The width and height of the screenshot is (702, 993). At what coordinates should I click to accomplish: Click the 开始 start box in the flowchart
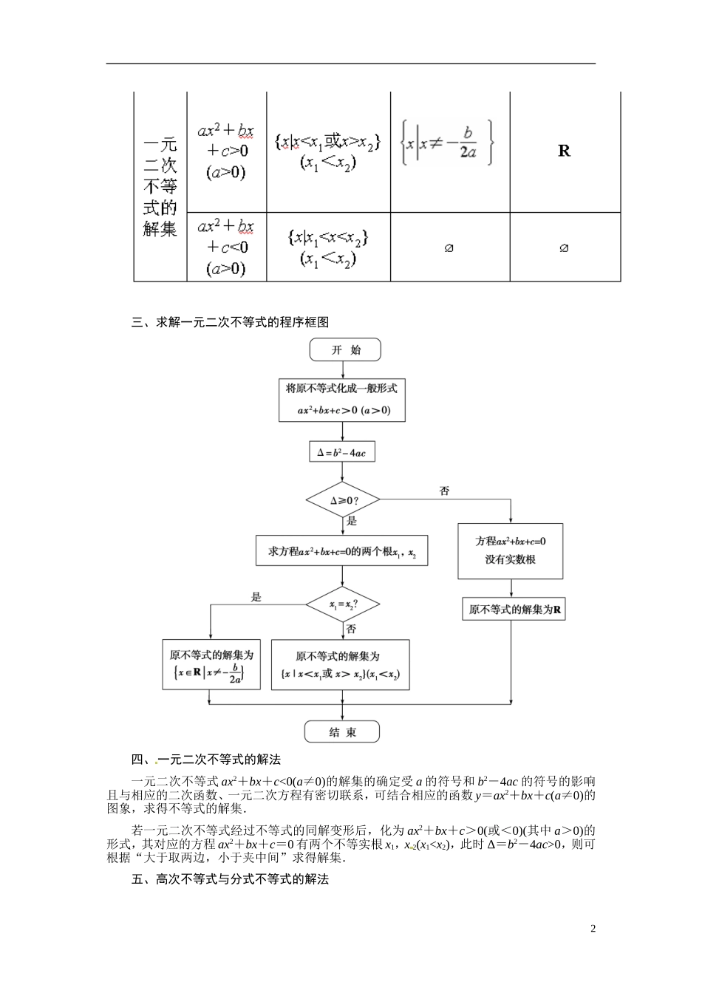[345, 349]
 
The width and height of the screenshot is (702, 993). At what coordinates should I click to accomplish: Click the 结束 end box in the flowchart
[342, 731]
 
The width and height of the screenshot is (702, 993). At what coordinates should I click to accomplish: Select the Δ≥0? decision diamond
[343, 500]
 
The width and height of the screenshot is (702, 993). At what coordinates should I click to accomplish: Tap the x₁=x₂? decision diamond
[343, 605]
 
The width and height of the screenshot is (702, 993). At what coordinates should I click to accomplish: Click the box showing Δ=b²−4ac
[341, 452]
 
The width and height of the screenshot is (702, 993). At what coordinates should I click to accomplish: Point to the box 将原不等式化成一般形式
[342, 400]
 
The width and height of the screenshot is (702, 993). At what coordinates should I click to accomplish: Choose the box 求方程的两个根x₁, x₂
[341, 551]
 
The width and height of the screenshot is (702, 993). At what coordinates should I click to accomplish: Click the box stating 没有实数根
[510, 551]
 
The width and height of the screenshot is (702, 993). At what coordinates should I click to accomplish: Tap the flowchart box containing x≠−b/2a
[211, 664]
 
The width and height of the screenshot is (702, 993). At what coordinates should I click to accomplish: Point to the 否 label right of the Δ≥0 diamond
[444, 491]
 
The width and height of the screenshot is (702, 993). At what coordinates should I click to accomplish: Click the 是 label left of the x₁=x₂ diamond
[256, 597]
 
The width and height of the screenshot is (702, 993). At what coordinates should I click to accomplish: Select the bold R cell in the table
[564, 151]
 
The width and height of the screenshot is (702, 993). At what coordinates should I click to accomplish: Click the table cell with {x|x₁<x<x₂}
[328, 247]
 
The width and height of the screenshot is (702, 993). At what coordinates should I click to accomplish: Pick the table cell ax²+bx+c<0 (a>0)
[226, 247]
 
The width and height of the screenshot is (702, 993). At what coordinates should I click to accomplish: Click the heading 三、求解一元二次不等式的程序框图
[230, 321]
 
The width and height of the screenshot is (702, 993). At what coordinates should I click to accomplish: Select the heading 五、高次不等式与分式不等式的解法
[230, 878]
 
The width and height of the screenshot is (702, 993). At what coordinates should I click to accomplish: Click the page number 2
[593, 929]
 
